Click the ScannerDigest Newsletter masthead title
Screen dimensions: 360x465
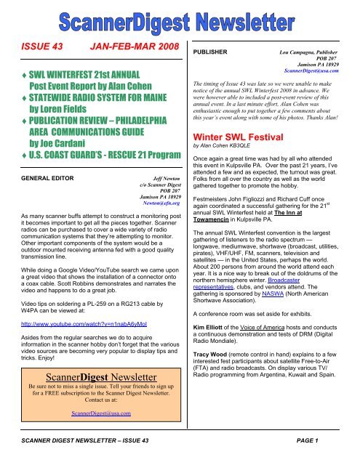(x=180, y=20)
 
